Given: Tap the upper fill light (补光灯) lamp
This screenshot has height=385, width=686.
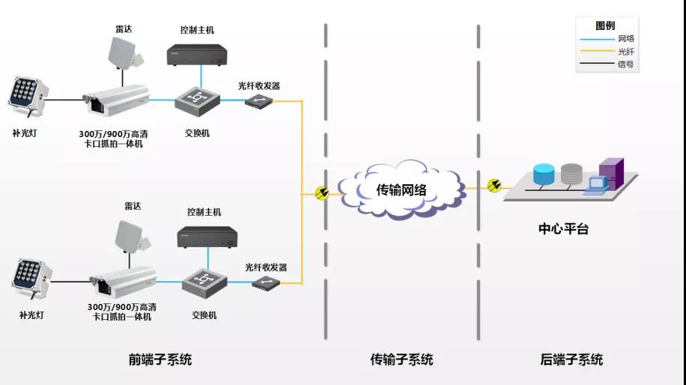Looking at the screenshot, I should (28, 94).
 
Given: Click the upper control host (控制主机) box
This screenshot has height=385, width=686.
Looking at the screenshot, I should (196, 55).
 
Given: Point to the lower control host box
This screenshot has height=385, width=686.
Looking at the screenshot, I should (207, 237).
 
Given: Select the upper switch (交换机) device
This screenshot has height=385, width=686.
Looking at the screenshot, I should (196, 100).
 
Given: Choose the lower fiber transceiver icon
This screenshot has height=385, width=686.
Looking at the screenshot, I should (266, 283).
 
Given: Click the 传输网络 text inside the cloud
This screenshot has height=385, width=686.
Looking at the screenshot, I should (401, 190).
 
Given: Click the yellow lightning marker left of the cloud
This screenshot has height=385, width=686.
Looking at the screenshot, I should (322, 193).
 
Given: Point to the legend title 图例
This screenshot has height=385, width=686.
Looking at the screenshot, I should (605, 25).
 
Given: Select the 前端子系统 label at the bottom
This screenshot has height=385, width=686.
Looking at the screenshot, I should (160, 360).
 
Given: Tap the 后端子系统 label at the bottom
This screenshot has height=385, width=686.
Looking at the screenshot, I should (571, 360).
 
